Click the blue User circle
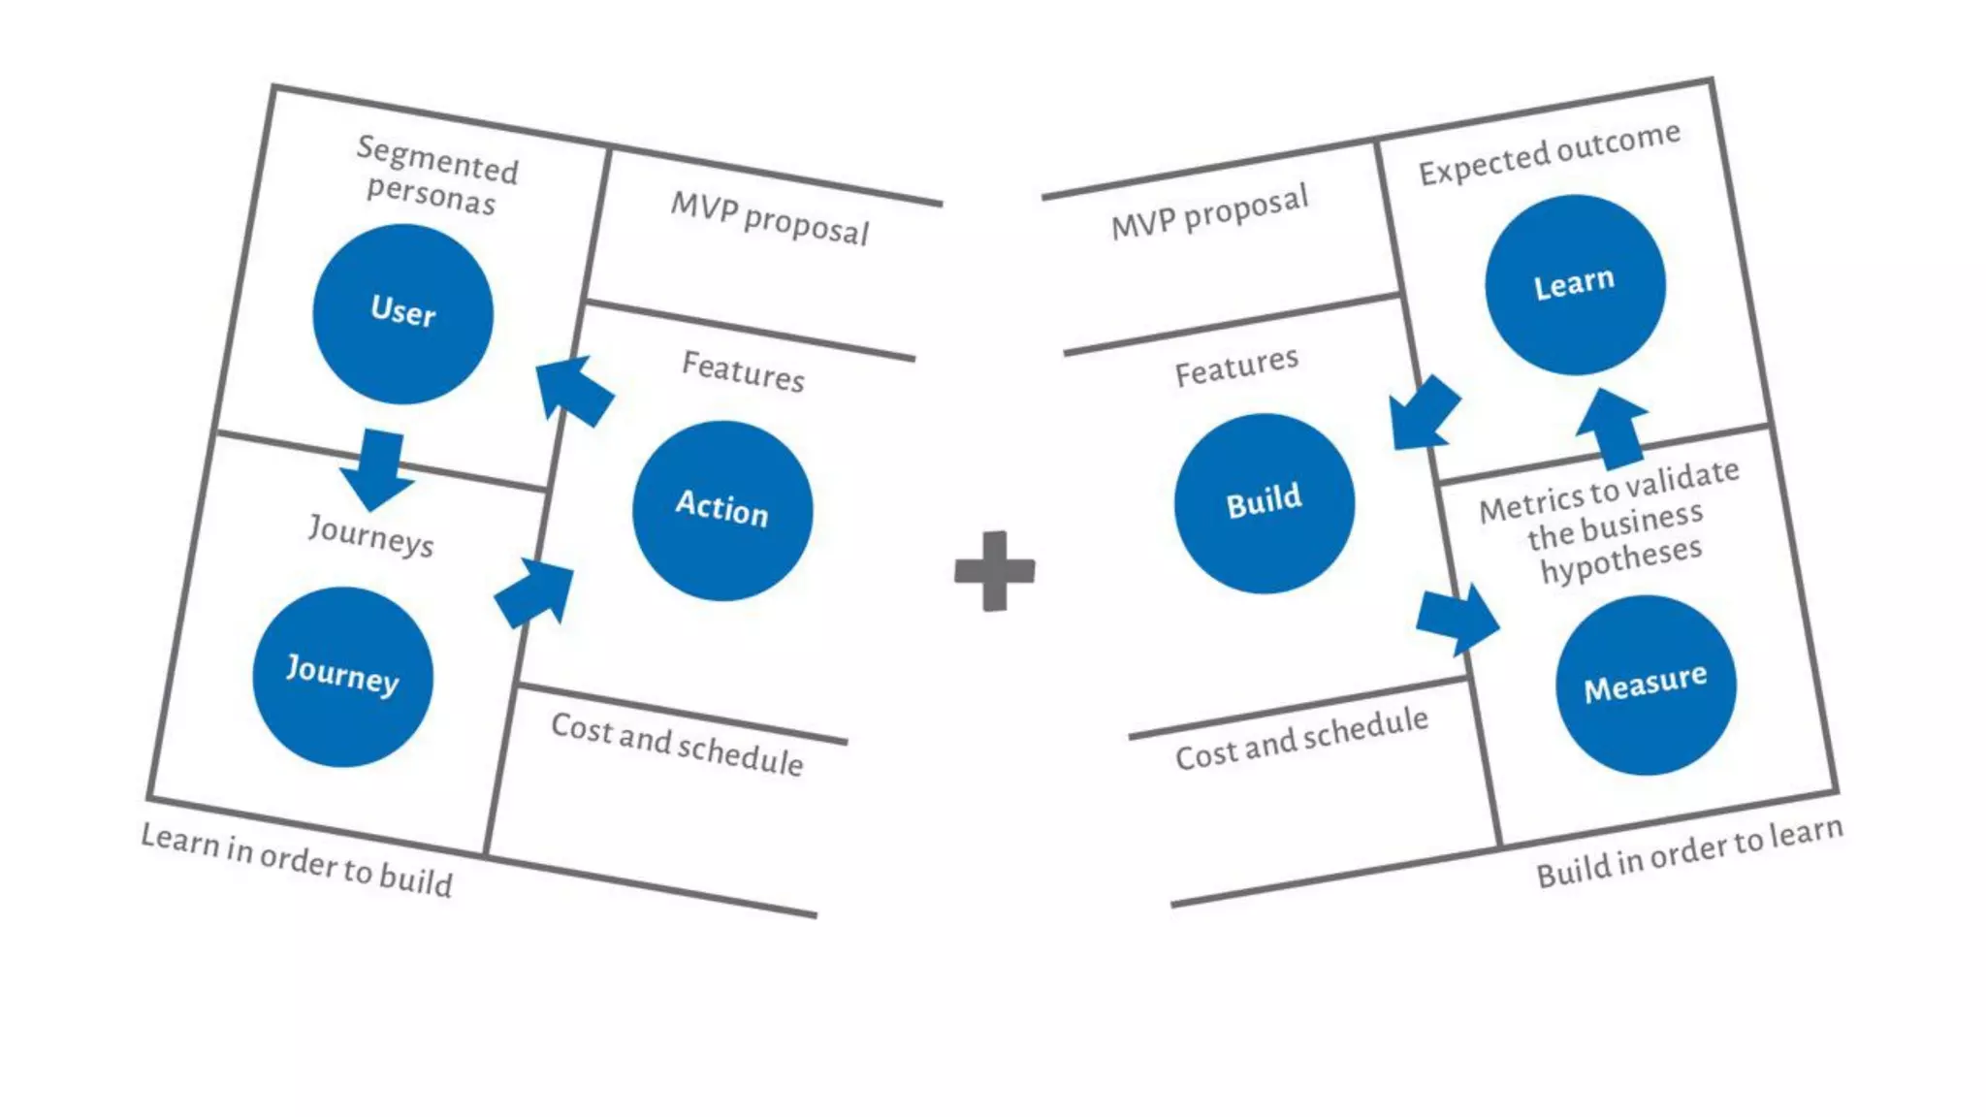pos(402,314)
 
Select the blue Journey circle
pos(342,677)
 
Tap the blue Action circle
pos(722,510)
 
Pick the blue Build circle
pos(1265,503)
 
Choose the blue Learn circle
pos(1575,284)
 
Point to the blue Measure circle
pos(1646,685)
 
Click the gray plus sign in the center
pos(994,571)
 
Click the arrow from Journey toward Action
pos(534,591)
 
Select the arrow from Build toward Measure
pos(1457,619)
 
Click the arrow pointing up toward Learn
pos(1612,429)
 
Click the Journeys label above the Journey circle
pos(371,535)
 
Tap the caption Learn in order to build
pos(297,859)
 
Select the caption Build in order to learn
pos(1689,850)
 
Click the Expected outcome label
pos(1549,152)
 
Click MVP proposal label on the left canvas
pos(770,218)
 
